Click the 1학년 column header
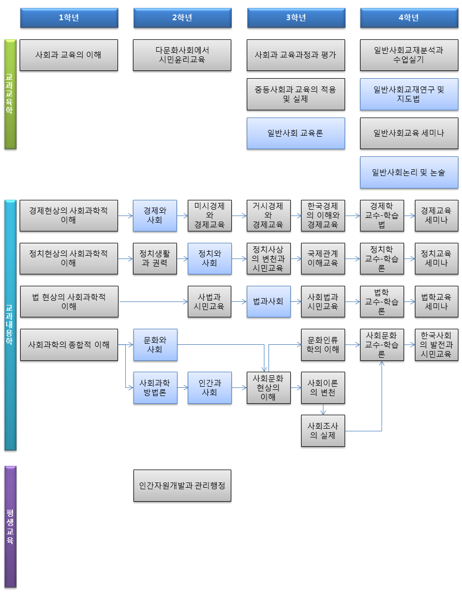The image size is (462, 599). click(x=69, y=18)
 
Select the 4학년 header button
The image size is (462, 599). click(x=409, y=18)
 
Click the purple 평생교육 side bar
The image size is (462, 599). click(x=10, y=527)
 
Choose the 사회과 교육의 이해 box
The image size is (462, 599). click(x=69, y=55)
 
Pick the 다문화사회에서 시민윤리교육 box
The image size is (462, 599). click(x=182, y=55)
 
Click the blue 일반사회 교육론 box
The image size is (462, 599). click(x=295, y=133)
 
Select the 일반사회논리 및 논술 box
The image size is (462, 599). click(x=409, y=172)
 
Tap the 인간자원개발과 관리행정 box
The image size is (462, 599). click(x=182, y=486)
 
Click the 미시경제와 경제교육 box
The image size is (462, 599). click(x=210, y=215)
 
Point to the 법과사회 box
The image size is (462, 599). click(x=269, y=301)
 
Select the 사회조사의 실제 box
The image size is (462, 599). click(x=323, y=430)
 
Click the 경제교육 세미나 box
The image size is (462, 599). click(x=436, y=215)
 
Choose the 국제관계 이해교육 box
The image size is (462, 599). click(x=323, y=258)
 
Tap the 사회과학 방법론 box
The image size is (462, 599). click(x=155, y=387)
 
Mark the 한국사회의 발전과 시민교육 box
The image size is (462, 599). click(x=436, y=344)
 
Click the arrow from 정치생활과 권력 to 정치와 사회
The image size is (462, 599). click(x=182, y=258)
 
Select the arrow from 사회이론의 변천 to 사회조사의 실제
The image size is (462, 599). click(x=323, y=410)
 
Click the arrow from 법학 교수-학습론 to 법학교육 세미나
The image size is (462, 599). click(x=409, y=301)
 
